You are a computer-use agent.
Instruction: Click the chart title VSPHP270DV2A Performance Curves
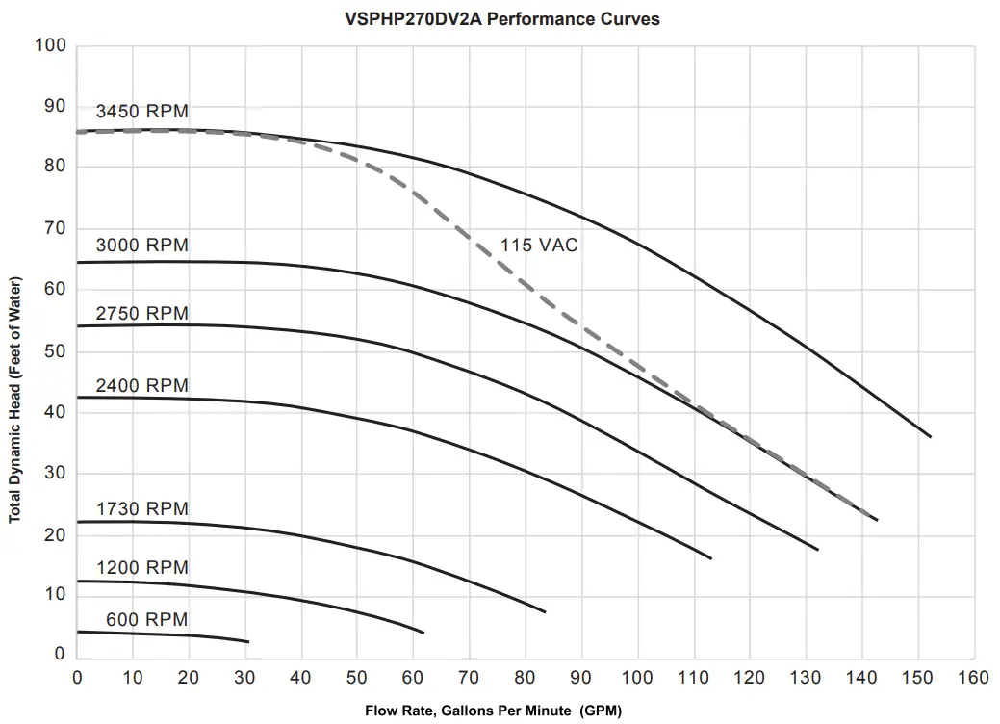(501, 18)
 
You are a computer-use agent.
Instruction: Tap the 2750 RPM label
(141, 314)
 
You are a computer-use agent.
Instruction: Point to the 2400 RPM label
(141, 385)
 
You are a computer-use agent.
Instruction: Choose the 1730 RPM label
(141, 508)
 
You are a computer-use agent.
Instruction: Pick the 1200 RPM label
(141, 568)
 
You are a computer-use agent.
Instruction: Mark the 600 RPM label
(146, 619)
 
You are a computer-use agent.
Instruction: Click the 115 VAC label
(539, 246)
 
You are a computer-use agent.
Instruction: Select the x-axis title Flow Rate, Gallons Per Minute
(493, 711)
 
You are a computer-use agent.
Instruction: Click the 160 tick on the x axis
(974, 678)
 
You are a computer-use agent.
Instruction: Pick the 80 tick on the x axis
(526, 678)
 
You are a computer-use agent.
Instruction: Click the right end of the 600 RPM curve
(248, 641)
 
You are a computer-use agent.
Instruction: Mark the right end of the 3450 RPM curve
(931, 437)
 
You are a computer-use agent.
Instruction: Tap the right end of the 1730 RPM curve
(545, 612)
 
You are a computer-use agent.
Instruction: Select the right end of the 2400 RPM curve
(711, 558)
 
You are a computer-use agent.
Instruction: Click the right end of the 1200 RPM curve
(423, 633)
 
